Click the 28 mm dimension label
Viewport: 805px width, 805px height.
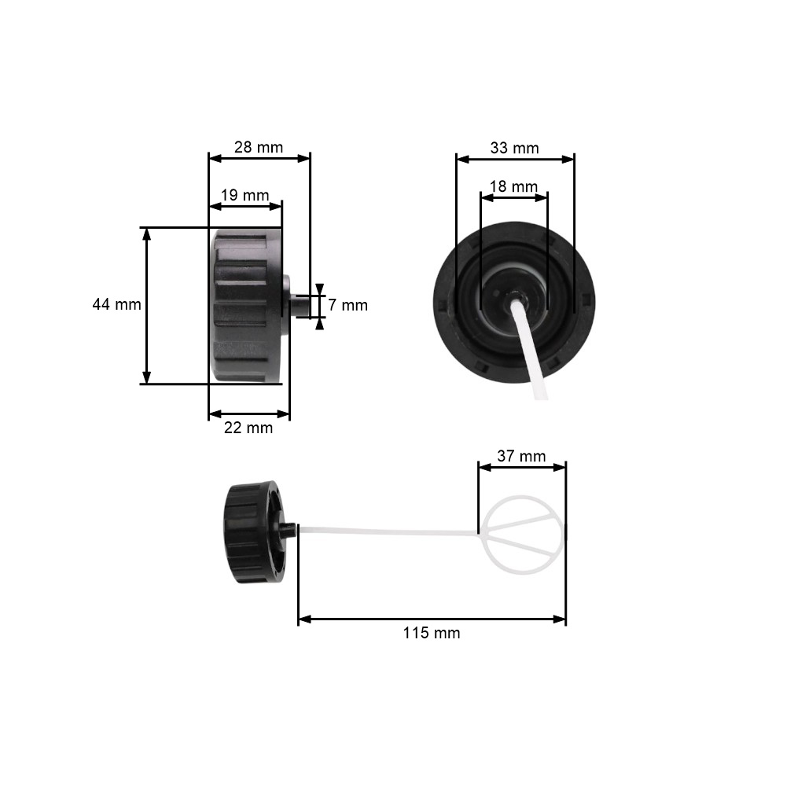pyautogui.click(x=258, y=148)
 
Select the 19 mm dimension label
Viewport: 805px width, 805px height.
pyautogui.click(x=244, y=195)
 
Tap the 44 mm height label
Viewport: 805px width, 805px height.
pyautogui.click(x=117, y=305)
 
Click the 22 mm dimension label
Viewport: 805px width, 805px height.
pyautogui.click(x=248, y=428)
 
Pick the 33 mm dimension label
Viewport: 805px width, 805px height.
pyautogui.click(x=515, y=148)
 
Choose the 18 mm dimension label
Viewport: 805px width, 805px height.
pyautogui.click(x=513, y=186)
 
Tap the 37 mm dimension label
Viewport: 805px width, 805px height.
pyautogui.click(x=521, y=456)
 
